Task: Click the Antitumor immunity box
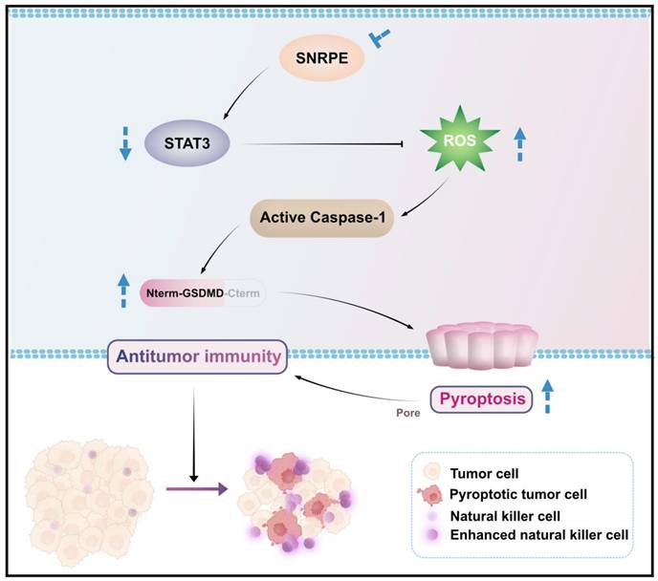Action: click(x=199, y=356)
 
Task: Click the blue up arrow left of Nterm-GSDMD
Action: click(x=122, y=290)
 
